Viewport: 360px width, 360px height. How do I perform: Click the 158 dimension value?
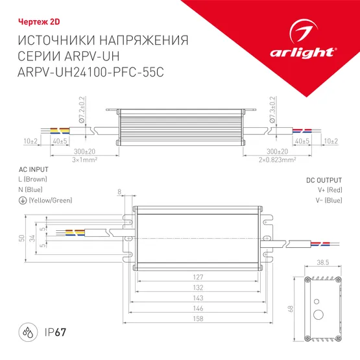click(198, 318)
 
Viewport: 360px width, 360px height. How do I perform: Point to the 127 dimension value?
click(198, 277)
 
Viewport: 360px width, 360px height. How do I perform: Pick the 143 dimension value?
click(198, 298)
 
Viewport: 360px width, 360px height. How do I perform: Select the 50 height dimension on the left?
click(21, 238)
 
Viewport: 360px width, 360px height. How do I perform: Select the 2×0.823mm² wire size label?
click(278, 158)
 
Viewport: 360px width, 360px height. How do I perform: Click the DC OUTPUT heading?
click(323, 180)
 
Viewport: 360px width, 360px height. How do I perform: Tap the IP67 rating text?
click(58, 333)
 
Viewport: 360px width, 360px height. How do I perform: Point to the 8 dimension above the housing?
click(119, 192)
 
